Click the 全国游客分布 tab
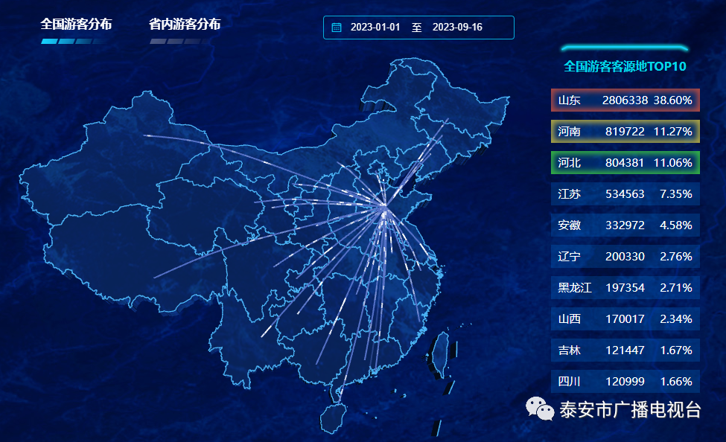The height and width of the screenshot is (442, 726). click(x=76, y=25)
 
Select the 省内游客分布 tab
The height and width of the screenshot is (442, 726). click(x=185, y=25)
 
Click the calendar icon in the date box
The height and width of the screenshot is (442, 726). click(x=337, y=28)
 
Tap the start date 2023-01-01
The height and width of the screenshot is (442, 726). click(x=375, y=28)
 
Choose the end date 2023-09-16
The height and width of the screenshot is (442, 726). click(x=457, y=28)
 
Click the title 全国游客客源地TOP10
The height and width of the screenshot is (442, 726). click(x=625, y=66)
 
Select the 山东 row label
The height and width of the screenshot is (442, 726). click(x=570, y=100)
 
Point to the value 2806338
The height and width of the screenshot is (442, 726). click(x=625, y=100)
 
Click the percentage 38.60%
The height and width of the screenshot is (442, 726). click(x=673, y=100)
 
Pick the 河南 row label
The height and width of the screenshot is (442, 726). click(x=570, y=131)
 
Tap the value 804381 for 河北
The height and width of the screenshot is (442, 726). click(x=625, y=162)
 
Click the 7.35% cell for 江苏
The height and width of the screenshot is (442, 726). click(x=676, y=193)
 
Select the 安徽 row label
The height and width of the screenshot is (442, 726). click(x=570, y=225)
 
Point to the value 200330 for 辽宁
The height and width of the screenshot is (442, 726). click(x=625, y=256)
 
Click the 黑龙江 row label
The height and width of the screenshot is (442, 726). click(x=575, y=287)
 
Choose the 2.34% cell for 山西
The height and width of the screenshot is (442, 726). click(x=676, y=318)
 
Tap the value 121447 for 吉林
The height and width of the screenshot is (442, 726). click(x=625, y=350)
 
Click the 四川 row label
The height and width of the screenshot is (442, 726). click(x=570, y=381)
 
